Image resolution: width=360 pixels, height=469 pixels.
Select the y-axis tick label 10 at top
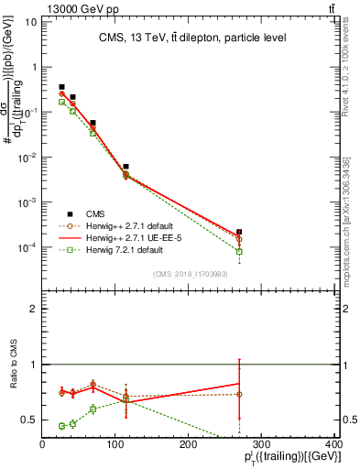click(x=29, y=21)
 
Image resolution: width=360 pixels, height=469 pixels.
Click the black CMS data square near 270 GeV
click(x=239, y=233)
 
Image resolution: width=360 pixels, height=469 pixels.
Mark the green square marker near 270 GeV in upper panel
click(x=239, y=251)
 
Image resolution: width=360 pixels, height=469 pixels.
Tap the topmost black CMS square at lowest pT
click(x=61, y=87)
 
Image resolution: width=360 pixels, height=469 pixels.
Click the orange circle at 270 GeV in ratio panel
click(x=239, y=394)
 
